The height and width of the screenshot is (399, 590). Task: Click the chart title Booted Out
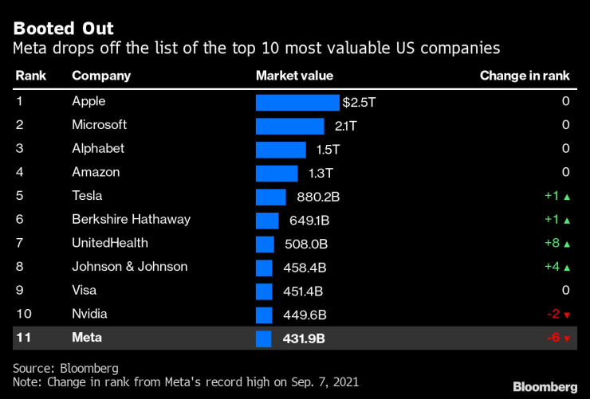(x=64, y=29)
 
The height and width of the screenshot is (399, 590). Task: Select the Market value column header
(x=294, y=76)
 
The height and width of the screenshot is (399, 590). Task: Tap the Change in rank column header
(x=525, y=76)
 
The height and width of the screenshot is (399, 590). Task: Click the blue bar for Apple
(x=297, y=103)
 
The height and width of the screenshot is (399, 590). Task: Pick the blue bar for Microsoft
(x=289, y=126)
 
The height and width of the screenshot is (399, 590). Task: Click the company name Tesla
(x=87, y=196)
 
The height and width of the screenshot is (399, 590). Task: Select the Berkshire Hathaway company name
(x=131, y=220)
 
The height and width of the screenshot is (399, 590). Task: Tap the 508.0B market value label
(x=306, y=244)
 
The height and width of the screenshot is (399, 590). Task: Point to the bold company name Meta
(x=87, y=338)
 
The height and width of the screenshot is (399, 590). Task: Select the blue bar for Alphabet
(x=281, y=150)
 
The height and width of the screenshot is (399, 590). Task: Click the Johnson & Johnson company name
(x=130, y=267)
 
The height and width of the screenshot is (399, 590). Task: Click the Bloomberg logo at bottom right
(x=545, y=386)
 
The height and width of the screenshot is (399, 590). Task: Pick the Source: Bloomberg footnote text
(x=66, y=368)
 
